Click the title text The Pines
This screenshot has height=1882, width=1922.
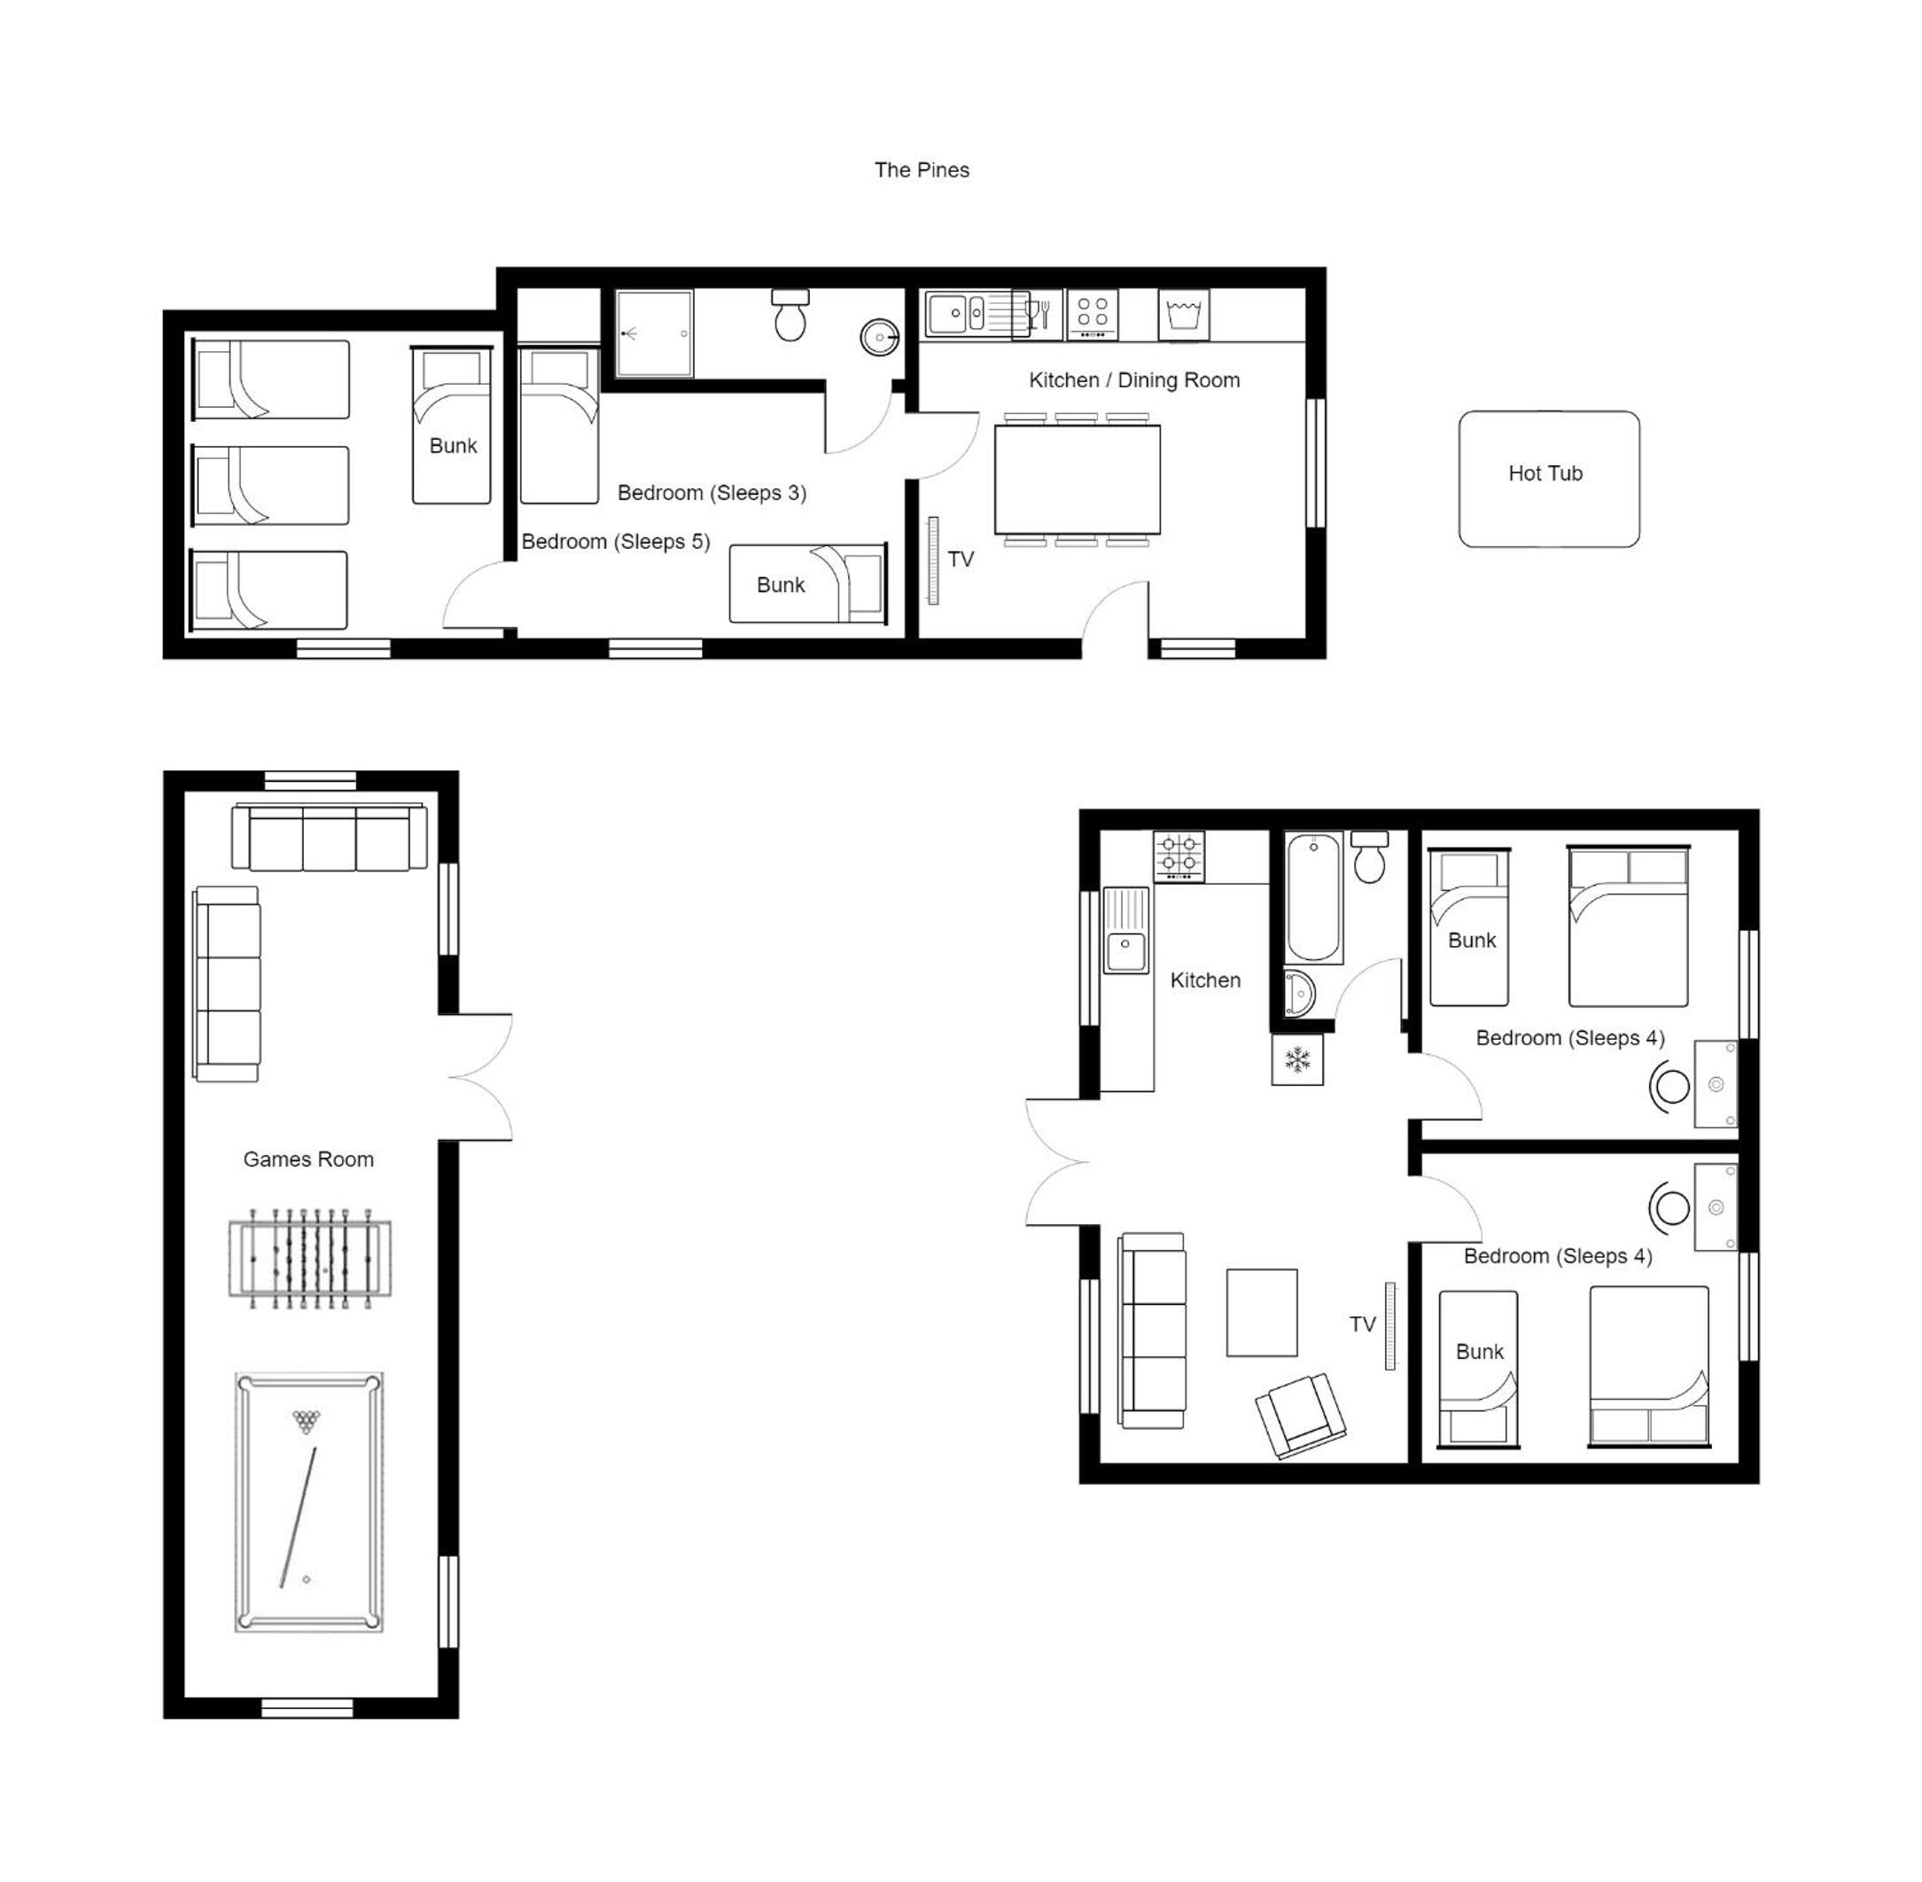[921, 170]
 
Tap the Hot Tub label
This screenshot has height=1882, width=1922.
[1545, 473]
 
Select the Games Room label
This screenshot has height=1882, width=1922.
[308, 1160]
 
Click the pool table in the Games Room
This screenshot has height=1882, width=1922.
[309, 1502]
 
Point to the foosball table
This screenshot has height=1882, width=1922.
[309, 1258]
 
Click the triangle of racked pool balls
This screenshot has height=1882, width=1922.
[307, 1423]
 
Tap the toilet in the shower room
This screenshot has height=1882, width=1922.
[790, 316]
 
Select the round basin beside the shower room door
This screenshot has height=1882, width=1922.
[878, 337]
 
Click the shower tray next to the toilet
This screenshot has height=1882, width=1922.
[654, 333]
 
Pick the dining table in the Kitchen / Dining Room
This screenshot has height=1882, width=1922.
[1078, 480]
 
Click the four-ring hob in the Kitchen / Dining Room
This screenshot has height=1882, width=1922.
[1092, 313]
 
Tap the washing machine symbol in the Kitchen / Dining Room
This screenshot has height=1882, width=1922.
[1183, 316]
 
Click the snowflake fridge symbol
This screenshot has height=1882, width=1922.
[1296, 1060]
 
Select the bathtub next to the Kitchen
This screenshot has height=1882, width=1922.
[1313, 897]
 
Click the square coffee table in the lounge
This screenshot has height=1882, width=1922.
[1262, 1313]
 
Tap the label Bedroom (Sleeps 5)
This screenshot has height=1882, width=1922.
[616, 542]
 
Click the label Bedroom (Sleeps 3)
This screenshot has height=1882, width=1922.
[712, 492]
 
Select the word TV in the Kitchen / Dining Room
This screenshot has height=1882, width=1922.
[961, 559]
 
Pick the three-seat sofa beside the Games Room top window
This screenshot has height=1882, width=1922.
[330, 837]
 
